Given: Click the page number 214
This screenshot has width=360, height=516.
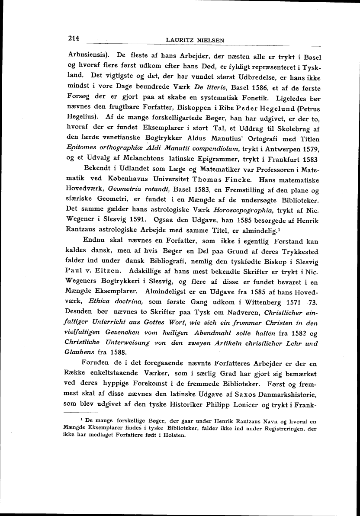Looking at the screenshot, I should [x=75, y=38].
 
